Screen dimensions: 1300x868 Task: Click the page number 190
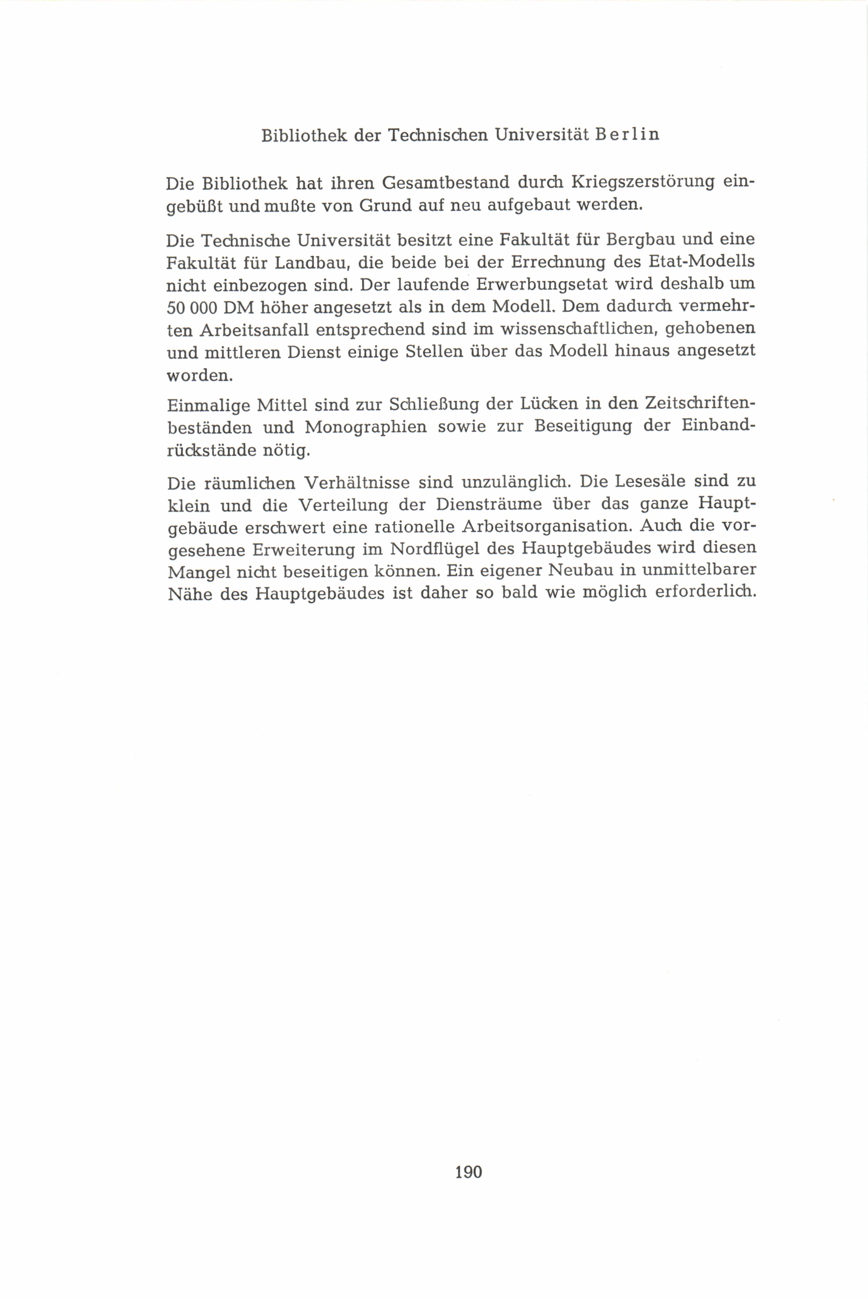pos(468,1172)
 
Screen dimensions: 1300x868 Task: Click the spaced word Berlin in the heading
pos(627,135)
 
